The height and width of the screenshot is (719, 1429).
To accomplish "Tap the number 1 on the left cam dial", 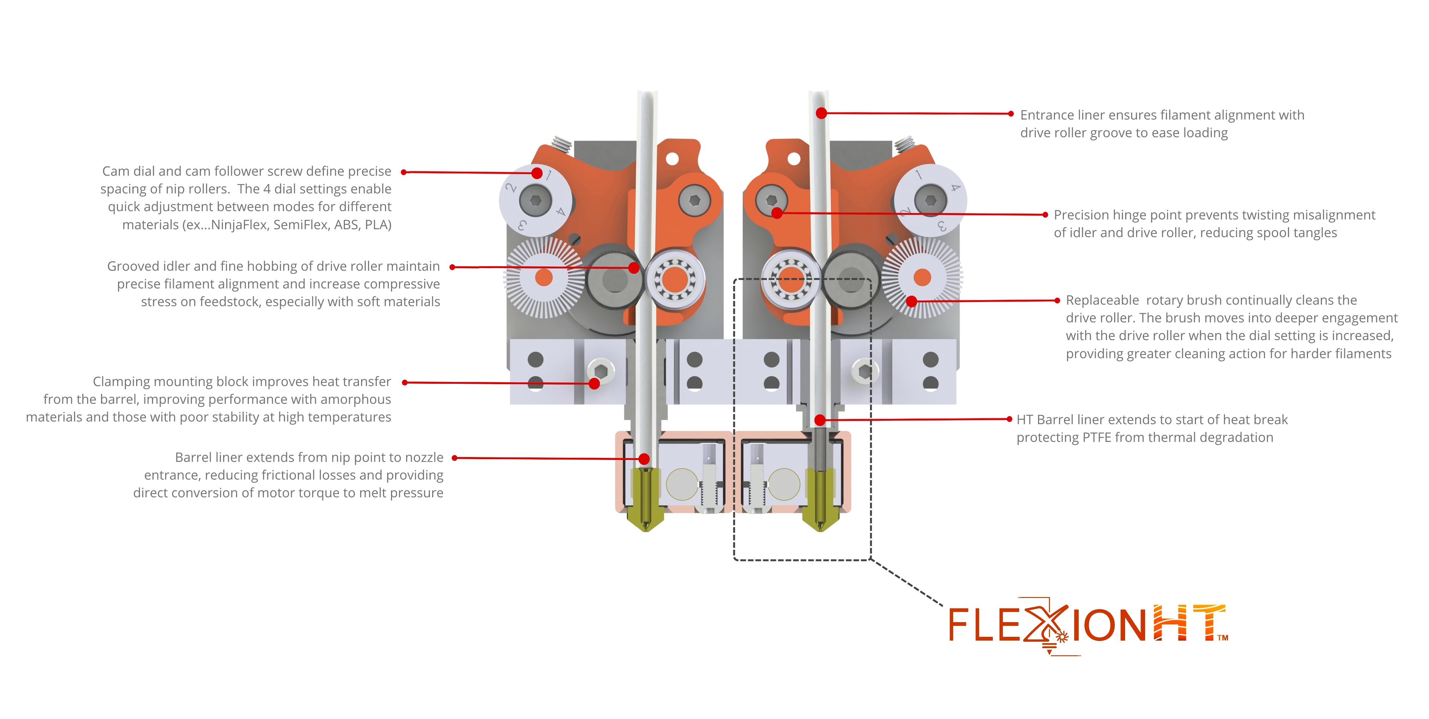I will [549, 176].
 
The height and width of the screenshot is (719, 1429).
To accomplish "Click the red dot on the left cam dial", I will [537, 173].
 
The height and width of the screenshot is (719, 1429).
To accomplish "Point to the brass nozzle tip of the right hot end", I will [820, 524].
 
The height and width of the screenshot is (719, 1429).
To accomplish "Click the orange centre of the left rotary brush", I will [544, 277].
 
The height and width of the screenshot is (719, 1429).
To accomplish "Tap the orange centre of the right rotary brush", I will [922, 277].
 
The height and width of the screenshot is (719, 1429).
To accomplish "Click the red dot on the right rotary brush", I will [911, 302].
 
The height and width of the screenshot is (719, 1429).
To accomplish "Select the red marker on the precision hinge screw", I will [777, 213].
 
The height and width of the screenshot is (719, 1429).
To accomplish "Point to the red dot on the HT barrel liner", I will [820, 420].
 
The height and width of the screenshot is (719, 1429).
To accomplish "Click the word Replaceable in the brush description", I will [1102, 300].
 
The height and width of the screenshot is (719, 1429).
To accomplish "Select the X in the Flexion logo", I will [1046, 624].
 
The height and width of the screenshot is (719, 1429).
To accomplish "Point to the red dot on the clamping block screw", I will [594, 383].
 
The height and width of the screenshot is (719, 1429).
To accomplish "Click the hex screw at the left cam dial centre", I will [535, 200].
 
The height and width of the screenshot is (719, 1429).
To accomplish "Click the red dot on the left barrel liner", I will [644, 459].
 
